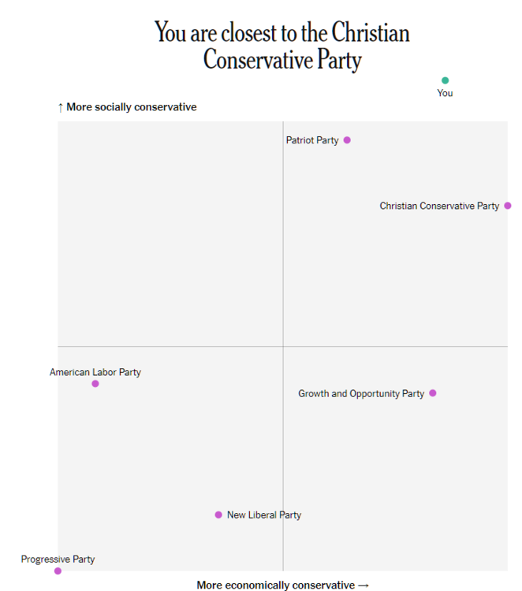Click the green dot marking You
click(445, 80)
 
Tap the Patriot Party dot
click(347, 140)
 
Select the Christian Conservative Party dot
click(508, 206)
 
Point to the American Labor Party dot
click(95, 384)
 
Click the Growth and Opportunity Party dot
click(433, 393)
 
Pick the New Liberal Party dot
click(218, 515)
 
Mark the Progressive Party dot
click(58, 571)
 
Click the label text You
click(445, 93)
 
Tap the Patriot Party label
click(312, 140)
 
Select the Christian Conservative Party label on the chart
click(439, 206)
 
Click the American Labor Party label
click(95, 372)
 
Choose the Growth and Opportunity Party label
click(361, 393)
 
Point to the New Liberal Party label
click(264, 515)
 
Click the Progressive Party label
click(58, 559)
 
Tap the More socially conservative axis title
click(132, 107)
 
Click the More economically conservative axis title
click(275, 585)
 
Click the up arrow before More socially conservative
click(60, 107)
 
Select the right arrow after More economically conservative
click(364, 585)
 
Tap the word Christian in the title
click(371, 33)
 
